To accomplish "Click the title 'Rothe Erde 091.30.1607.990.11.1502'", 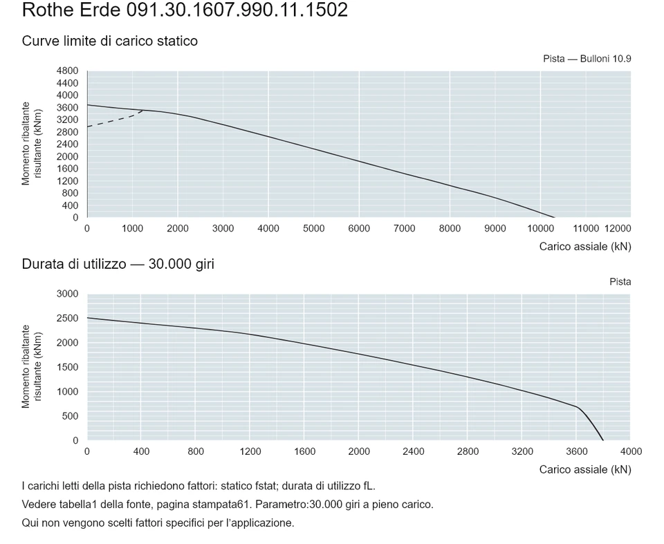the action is [x=185, y=10].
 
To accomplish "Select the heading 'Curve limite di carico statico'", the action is [x=110, y=41].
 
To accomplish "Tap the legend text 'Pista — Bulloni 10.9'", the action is [x=587, y=59].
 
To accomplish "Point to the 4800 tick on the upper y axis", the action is [x=67, y=71].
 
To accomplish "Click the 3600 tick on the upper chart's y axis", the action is [x=67, y=108].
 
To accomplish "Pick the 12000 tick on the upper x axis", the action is [x=618, y=229].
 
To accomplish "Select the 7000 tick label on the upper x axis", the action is [x=404, y=229].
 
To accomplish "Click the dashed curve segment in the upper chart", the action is [x=115, y=120].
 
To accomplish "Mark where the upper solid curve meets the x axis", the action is [x=555, y=217].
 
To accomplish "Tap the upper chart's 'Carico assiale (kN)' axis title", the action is [x=585, y=246].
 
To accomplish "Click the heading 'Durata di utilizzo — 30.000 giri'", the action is [x=118, y=264].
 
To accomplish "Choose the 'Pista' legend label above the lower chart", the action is [x=620, y=282].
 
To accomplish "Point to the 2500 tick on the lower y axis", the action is [x=67, y=319].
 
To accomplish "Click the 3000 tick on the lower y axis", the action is [x=67, y=294].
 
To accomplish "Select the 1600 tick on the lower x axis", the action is [x=304, y=451].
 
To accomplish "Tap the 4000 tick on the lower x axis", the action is [x=631, y=451].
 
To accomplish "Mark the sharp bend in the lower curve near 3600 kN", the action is [x=578, y=407].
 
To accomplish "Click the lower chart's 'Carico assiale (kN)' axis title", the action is [x=585, y=469].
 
